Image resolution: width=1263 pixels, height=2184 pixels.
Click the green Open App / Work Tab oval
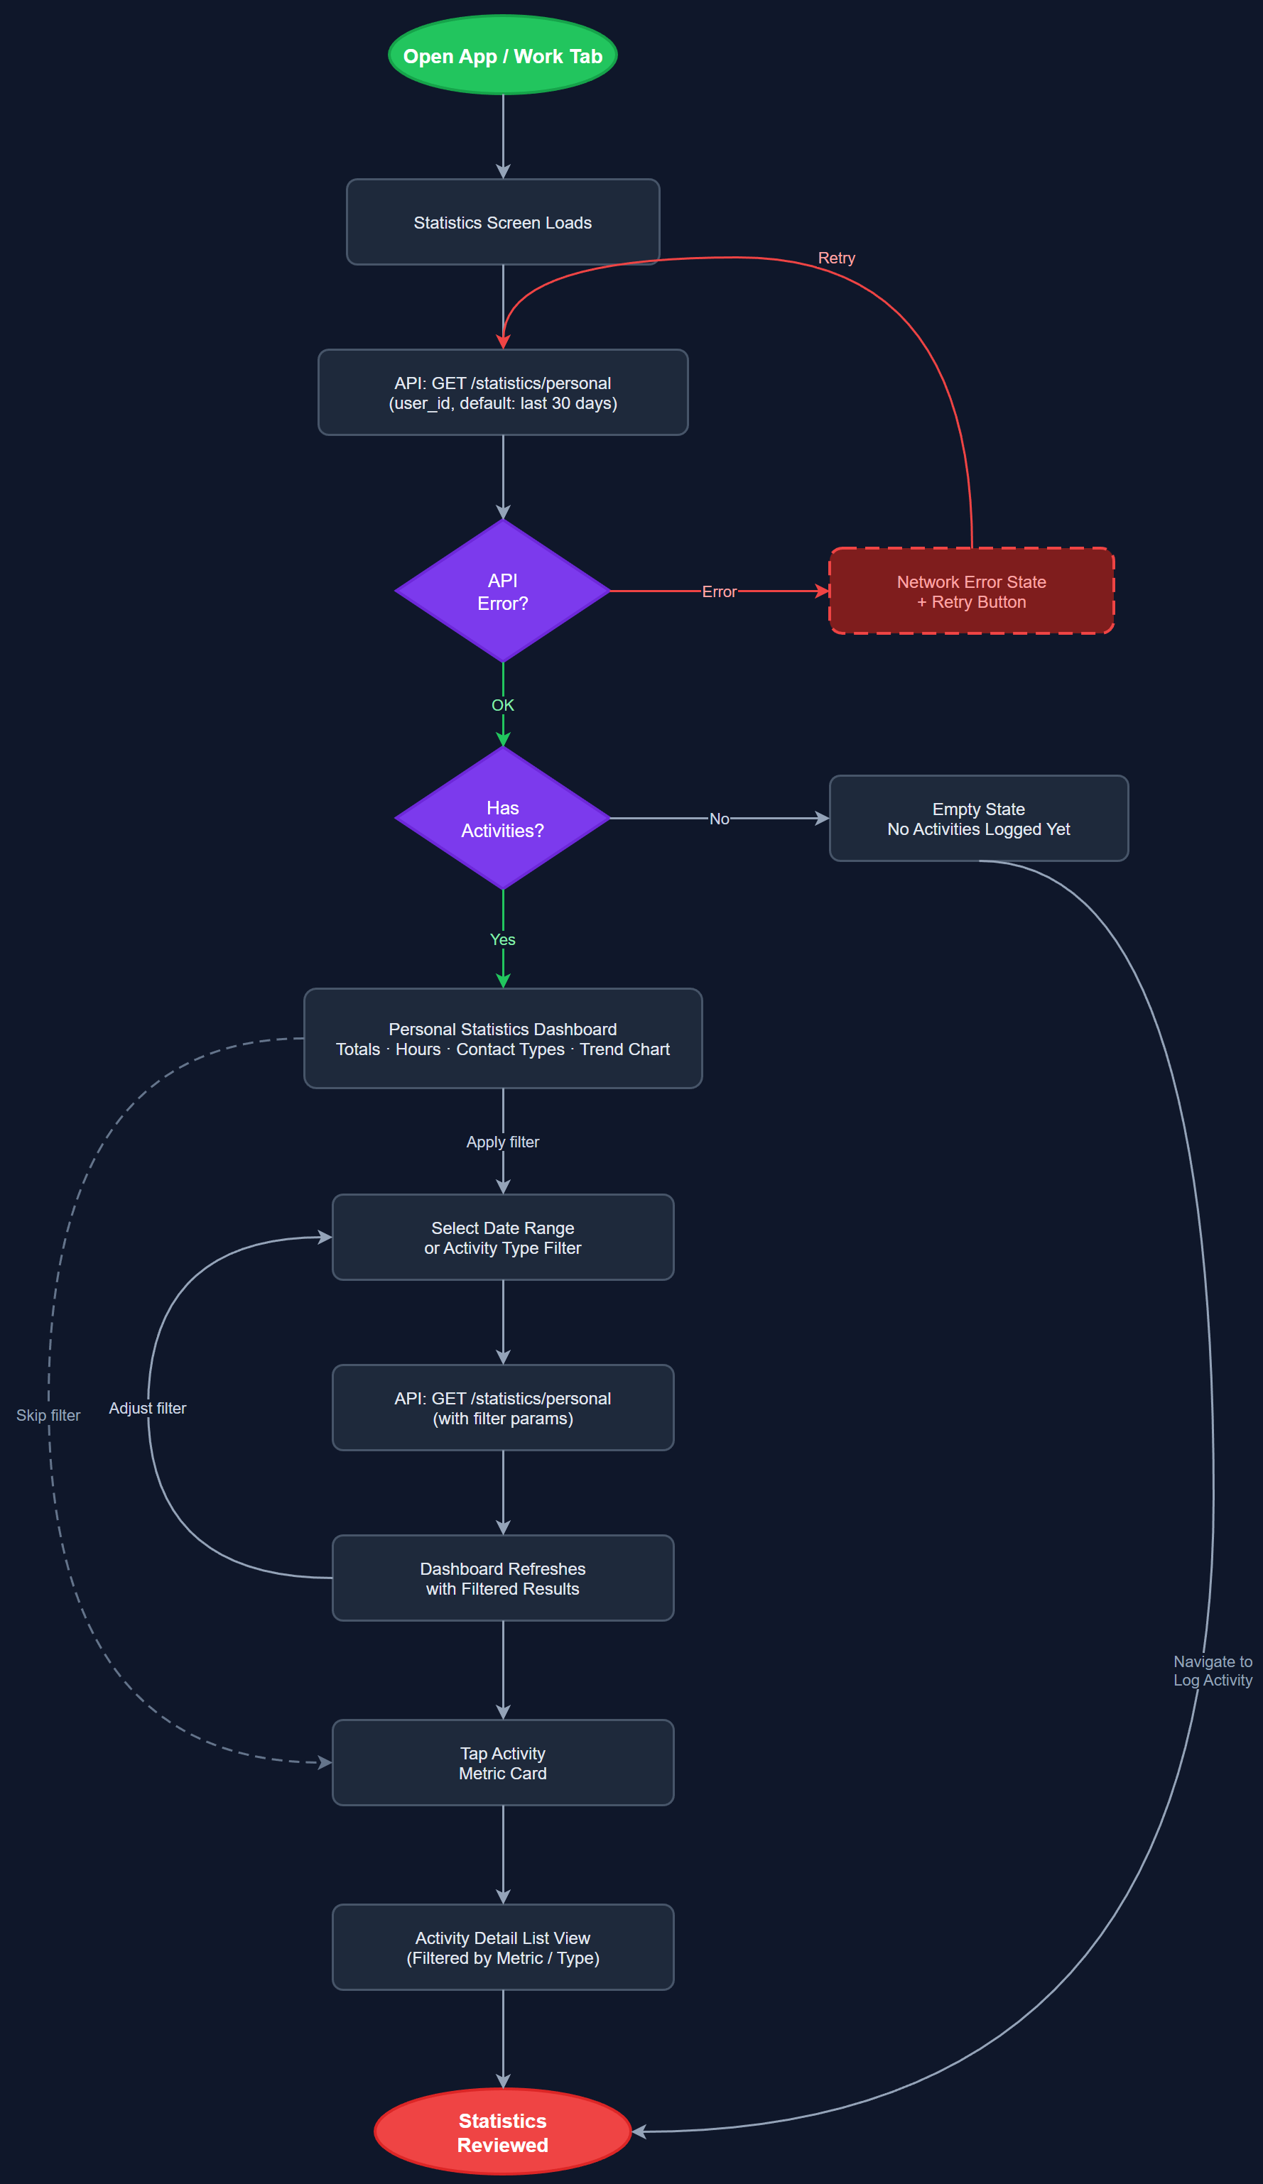(x=503, y=55)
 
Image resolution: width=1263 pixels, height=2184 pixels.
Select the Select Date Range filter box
(x=503, y=1238)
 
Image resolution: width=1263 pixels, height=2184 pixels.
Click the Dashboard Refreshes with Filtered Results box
(x=503, y=1578)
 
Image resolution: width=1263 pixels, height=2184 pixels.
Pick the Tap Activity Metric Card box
(x=503, y=1763)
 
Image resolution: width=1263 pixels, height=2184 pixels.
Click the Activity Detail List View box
(x=503, y=1948)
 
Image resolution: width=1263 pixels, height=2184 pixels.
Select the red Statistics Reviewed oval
(x=503, y=2132)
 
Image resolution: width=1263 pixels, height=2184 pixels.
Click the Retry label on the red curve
(x=837, y=258)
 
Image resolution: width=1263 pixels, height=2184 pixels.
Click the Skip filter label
(x=48, y=1415)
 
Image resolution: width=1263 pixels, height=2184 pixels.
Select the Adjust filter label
(x=147, y=1409)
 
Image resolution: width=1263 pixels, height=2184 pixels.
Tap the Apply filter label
(x=503, y=1142)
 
